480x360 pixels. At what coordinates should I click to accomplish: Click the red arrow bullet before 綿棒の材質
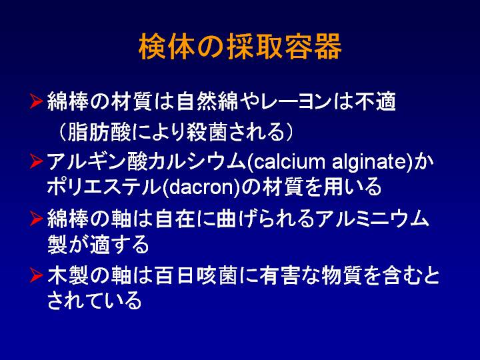tap(36, 101)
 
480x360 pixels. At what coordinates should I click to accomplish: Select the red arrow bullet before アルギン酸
tap(36, 161)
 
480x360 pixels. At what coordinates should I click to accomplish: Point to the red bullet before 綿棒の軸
tap(36, 219)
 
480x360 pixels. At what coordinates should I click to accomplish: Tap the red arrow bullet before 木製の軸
tap(36, 275)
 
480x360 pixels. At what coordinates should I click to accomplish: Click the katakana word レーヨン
tap(296, 101)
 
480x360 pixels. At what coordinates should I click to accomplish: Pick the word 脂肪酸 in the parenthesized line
tap(99, 132)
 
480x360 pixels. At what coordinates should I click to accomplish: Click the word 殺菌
tap(207, 132)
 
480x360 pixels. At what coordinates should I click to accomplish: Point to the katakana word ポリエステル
tap(104, 187)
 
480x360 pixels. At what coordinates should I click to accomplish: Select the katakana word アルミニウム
tap(372, 219)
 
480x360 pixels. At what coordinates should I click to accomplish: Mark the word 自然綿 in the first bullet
tap(207, 101)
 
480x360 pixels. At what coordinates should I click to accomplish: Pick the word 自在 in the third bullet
tap(175, 219)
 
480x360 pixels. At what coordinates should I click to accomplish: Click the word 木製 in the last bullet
tap(68, 275)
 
